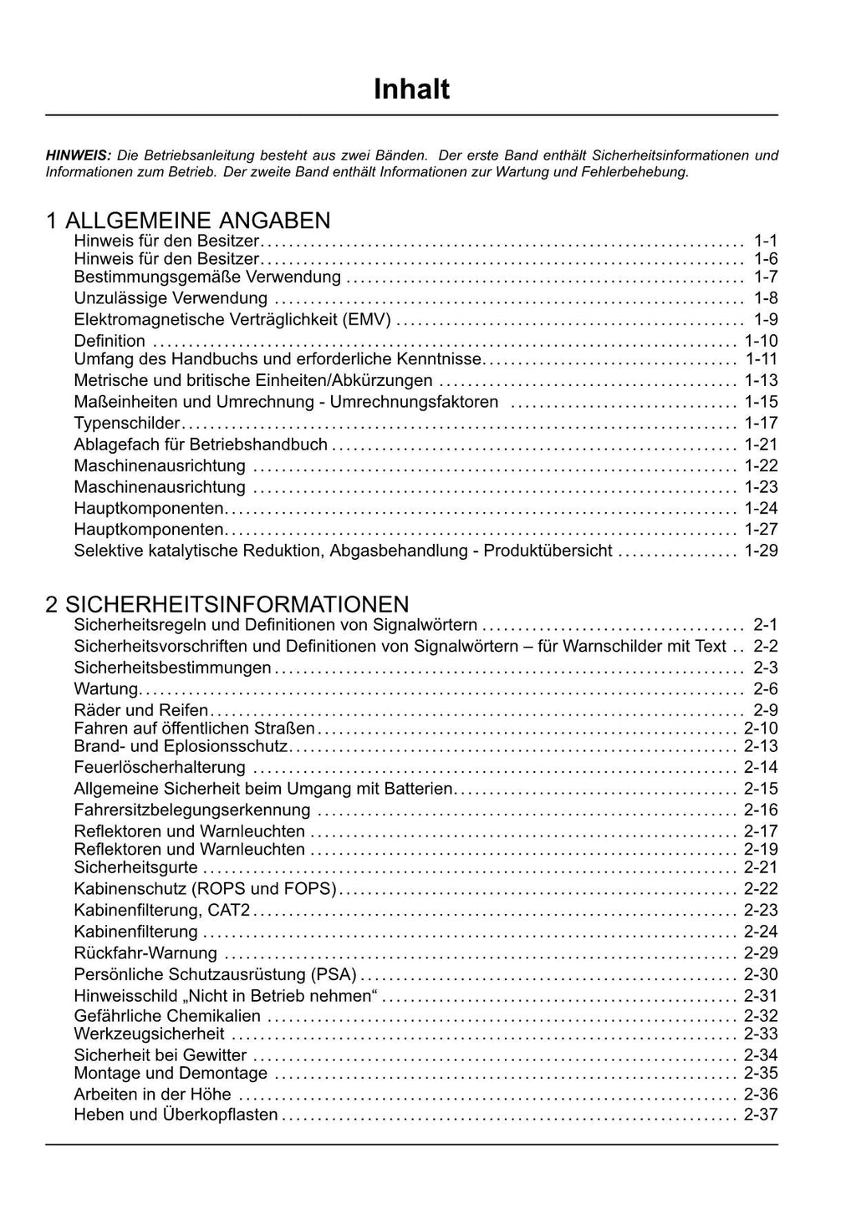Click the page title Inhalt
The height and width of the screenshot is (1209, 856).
click(x=411, y=89)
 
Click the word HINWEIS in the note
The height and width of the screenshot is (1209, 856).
click(x=78, y=155)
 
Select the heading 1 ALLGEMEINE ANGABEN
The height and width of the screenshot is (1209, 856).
click(x=188, y=221)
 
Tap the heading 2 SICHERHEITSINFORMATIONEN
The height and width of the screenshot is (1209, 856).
click(x=227, y=604)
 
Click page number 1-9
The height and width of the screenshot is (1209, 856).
click(x=766, y=319)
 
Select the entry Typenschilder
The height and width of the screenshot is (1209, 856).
click(x=127, y=423)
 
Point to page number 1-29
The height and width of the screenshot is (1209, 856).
click(x=761, y=551)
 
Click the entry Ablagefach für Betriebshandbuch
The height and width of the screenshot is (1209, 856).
click(x=201, y=444)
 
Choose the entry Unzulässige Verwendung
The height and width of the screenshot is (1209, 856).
click(x=171, y=298)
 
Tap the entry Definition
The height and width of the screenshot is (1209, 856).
click(x=110, y=341)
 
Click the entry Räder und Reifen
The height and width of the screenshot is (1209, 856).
click(x=141, y=711)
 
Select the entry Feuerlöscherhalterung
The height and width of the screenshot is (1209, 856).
click(x=160, y=767)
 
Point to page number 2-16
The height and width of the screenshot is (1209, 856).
click(x=761, y=810)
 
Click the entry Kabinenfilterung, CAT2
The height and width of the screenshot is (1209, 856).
click(x=162, y=910)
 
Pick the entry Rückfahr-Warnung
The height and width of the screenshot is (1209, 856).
click(x=145, y=953)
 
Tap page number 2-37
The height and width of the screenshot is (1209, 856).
click(x=761, y=1115)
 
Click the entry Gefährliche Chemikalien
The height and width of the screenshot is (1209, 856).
click(x=167, y=1016)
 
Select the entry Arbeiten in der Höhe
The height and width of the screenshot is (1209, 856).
click(x=152, y=1095)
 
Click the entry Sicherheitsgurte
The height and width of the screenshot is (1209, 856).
click(x=136, y=867)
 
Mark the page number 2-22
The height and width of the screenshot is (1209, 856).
click(x=761, y=889)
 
